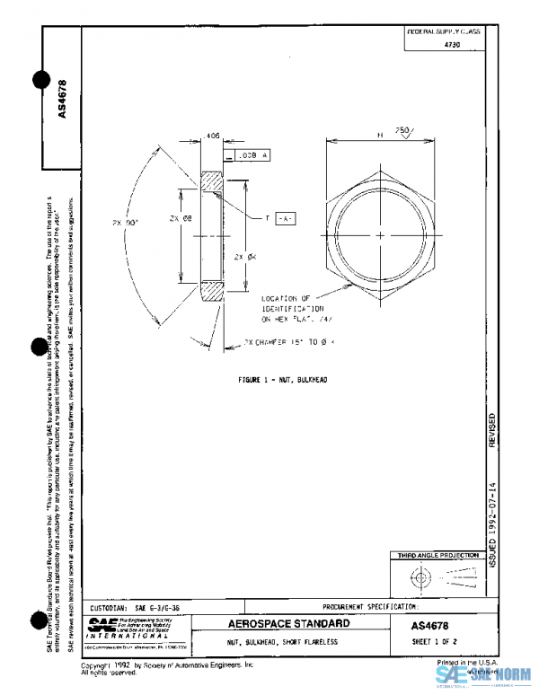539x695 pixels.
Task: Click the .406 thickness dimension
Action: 213,136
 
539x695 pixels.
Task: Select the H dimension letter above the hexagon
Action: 381,135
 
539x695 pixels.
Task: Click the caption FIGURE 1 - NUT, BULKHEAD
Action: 283,380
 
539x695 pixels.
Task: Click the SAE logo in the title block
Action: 100,625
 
